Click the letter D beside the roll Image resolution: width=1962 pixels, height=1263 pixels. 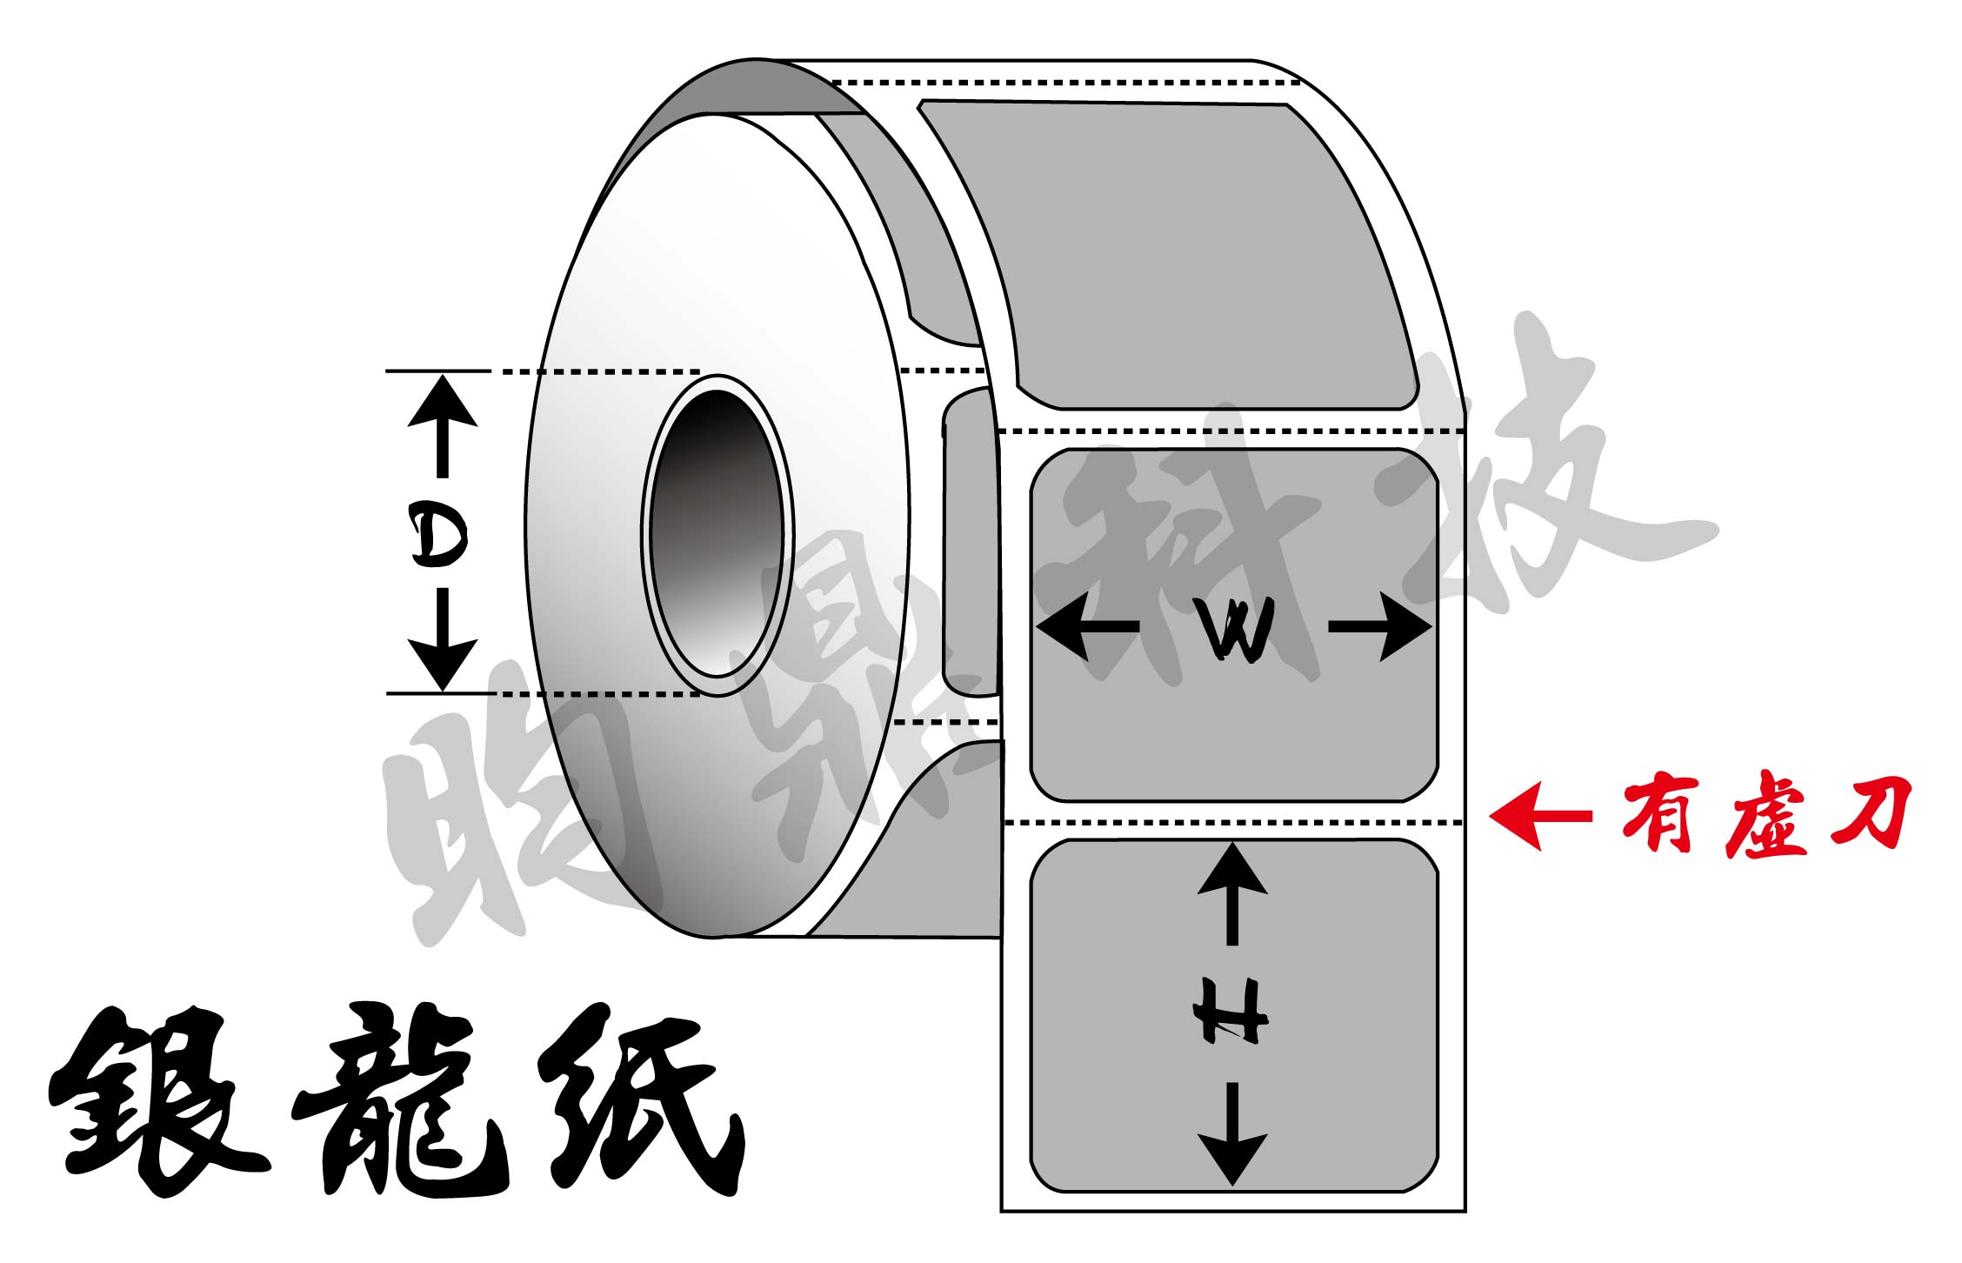[439, 537]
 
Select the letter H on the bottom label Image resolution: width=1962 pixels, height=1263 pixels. [1230, 1011]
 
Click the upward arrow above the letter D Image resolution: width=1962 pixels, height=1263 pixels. [443, 425]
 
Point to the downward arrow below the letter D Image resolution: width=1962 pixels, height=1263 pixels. [443, 639]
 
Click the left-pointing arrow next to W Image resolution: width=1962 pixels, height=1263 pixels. [1087, 626]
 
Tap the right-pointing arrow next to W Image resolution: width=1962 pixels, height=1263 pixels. [1380, 626]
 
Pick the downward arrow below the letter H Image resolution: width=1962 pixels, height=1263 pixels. [1232, 1134]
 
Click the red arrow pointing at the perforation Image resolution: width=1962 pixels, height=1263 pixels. [1540, 816]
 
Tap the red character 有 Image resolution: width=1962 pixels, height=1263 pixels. [1659, 813]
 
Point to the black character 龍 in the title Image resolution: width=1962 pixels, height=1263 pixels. [400, 1100]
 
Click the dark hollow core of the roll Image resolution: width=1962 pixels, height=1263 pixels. [716, 533]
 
